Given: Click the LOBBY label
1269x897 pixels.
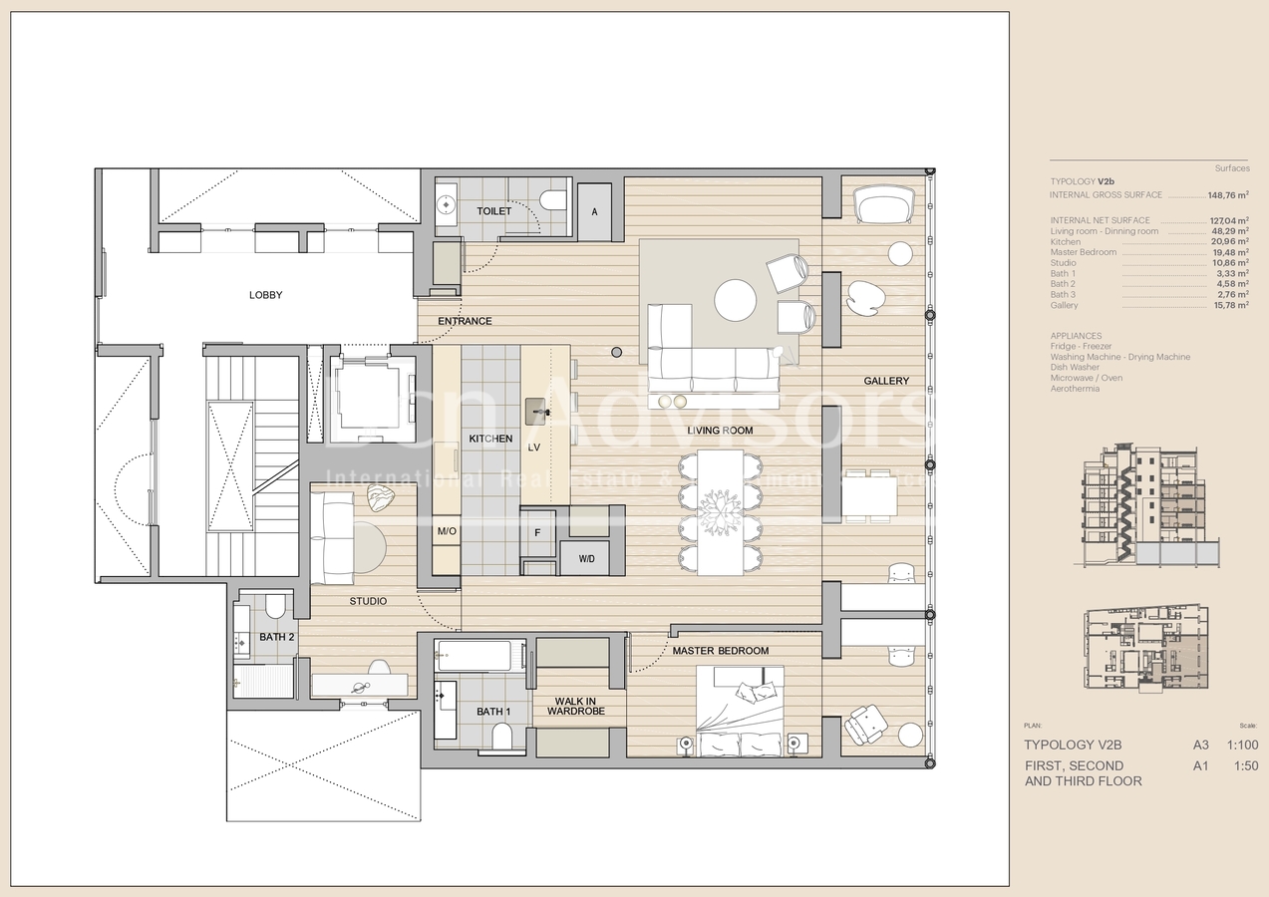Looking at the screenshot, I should (265, 295).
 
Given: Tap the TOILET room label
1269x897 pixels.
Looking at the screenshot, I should (493, 211).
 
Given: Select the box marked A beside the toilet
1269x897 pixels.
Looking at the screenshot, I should (595, 211).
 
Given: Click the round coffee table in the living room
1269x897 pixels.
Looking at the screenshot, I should (736, 300).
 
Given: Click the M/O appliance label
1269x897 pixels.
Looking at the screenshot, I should (446, 532).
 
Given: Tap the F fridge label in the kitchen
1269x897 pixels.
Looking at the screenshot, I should (537, 532).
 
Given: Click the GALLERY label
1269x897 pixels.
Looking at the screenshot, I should (886, 381).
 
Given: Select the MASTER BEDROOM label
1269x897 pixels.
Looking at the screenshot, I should (720, 651).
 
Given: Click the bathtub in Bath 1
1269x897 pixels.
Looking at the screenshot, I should (474, 656).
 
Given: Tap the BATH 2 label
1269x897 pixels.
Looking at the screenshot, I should (276, 637).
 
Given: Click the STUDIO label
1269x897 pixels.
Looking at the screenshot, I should (368, 601).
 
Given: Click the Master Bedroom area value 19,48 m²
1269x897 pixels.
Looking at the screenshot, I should (1228, 252).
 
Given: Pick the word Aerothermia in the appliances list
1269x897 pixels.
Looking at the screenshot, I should (1076, 389).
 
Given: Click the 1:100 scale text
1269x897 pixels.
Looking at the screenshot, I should (1241, 745).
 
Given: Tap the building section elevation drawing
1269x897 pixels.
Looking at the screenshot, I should (1146, 506).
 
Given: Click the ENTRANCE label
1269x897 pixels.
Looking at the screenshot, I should (465, 321).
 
